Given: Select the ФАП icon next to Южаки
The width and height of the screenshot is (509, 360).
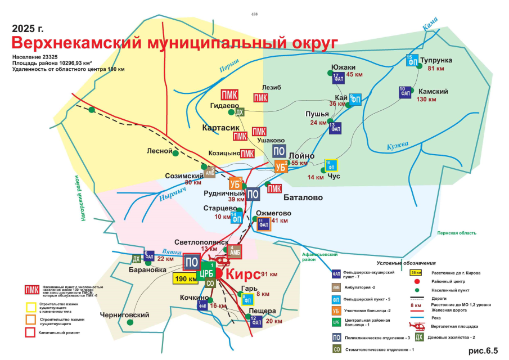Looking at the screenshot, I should pyautogui.click(x=338, y=79).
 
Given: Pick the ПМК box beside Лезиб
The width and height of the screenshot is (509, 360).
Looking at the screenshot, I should pyautogui.click(x=260, y=98).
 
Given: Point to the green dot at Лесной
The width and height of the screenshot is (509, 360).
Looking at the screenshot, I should pyautogui.click(x=175, y=152).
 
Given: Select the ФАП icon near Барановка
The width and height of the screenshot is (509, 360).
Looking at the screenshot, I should pyautogui.click(x=149, y=255).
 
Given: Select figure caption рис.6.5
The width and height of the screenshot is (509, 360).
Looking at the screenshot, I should pyautogui.click(x=483, y=350).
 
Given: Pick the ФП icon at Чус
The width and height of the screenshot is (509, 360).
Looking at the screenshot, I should pyautogui.click(x=331, y=166).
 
